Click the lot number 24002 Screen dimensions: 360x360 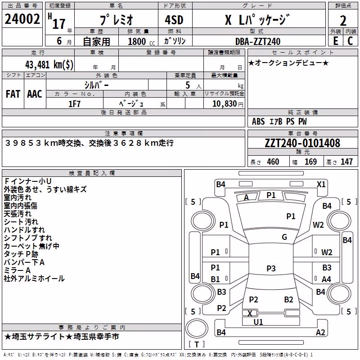[22, 19]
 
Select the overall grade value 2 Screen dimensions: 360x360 [343, 21]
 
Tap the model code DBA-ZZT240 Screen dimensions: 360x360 [258, 41]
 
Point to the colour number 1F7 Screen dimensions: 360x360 [74, 104]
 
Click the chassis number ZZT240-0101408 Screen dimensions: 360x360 [302, 143]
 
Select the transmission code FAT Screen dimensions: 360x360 [13, 94]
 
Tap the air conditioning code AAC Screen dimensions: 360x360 [35, 94]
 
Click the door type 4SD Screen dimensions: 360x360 [174, 20]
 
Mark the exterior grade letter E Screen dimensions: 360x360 [336, 41]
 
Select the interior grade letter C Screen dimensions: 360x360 [350, 41]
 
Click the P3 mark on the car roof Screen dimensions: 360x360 [271, 268]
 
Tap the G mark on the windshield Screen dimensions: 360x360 [284, 237]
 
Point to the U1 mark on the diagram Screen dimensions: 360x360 [258, 322]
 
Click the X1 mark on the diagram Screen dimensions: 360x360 [321, 184]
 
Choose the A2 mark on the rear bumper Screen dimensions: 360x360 [320, 332]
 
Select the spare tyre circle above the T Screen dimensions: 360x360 [197, 328]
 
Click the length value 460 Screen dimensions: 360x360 [273, 162]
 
